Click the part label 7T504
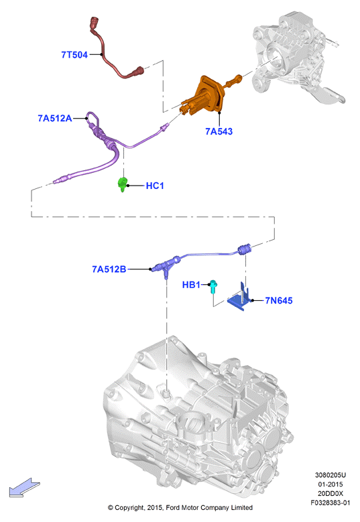click(x=74, y=54)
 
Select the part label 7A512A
click(x=55, y=118)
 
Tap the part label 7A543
click(x=219, y=131)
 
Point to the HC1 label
click(x=155, y=186)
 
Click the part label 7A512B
click(x=109, y=269)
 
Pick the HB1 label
click(x=191, y=285)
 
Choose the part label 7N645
click(x=279, y=301)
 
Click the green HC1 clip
click(x=123, y=184)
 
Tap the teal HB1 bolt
click(x=213, y=287)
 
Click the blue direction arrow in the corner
click(x=24, y=487)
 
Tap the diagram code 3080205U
click(x=331, y=475)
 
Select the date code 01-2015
click(x=331, y=484)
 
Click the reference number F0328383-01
click(x=331, y=503)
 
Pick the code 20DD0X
click(x=331, y=493)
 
